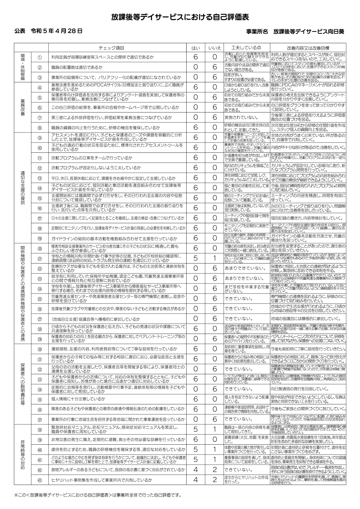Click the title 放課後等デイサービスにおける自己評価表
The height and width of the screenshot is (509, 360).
(180, 17)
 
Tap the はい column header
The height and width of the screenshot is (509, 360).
(196, 48)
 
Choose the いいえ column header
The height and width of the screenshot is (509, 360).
(215, 48)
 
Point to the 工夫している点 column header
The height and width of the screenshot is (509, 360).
(246, 48)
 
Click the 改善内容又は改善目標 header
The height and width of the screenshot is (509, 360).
(308, 48)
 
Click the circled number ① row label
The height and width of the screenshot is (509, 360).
(40, 57)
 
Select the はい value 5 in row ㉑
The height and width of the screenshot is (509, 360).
(196, 258)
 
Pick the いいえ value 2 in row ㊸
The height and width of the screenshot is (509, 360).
(215, 480)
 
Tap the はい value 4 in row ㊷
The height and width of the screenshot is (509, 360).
(196, 470)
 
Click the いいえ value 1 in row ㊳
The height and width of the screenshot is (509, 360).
(215, 429)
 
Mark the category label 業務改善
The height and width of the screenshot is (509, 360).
(23, 107)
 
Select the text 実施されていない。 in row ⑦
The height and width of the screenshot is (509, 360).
(241, 117)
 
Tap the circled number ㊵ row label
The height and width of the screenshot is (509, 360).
(40, 450)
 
